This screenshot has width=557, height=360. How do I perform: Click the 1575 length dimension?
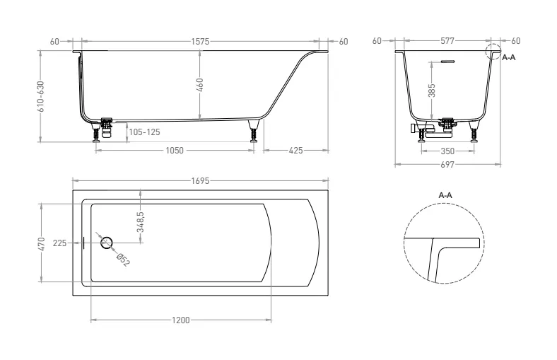[200, 42]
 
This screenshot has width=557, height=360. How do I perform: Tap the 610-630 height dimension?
[41, 96]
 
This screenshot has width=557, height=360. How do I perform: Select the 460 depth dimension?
[199, 86]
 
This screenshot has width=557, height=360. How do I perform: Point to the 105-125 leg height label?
[145, 132]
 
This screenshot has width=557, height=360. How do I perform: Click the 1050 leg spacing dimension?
[175, 151]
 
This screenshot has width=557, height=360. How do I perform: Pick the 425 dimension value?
[296, 151]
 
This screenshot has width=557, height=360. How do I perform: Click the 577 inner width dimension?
[447, 41]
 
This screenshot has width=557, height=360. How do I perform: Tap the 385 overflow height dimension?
[432, 91]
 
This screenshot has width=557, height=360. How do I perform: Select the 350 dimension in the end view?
[447, 151]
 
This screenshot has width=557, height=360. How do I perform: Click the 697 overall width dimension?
[447, 165]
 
